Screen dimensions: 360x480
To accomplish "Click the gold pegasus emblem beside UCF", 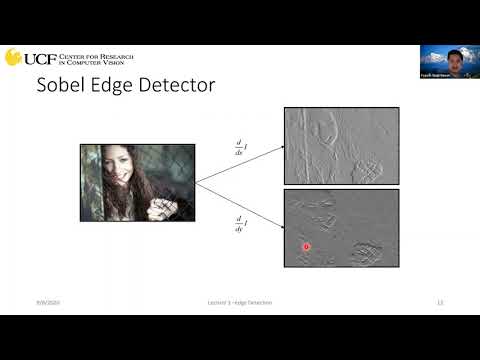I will pyautogui.click(x=13, y=57).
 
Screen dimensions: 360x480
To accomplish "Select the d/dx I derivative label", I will pyautogui.click(x=239, y=151).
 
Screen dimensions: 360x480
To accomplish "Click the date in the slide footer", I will pyautogui.click(x=47, y=301).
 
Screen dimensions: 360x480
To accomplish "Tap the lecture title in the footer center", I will pyautogui.click(x=232, y=301).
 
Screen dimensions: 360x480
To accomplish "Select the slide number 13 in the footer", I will pyautogui.click(x=439, y=301).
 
